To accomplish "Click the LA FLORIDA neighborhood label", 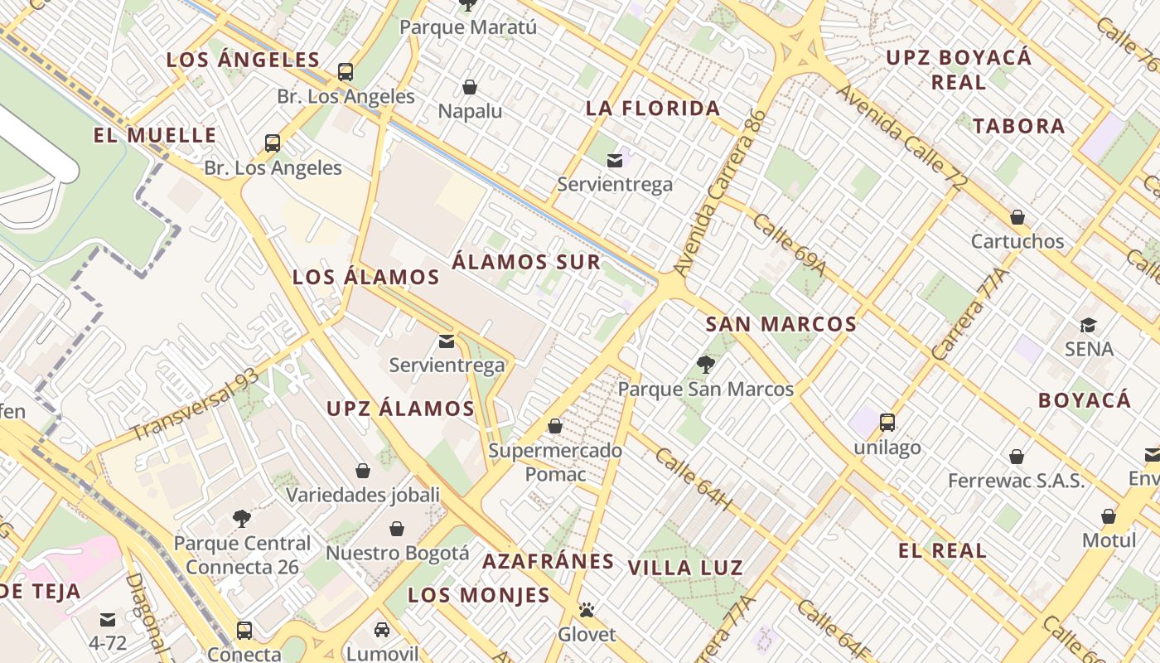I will (x=653, y=108).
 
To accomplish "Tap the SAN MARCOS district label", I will (x=781, y=324).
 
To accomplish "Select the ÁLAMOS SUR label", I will (x=526, y=262).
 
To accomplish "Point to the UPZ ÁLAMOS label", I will (x=400, y=409).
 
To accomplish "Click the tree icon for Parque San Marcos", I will (x=706, y=364).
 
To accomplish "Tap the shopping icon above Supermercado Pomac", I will (x=555, y=426).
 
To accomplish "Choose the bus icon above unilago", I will (x=887, y=423).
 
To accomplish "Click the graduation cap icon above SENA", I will (x=1088, y=325).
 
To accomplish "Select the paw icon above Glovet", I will (x=587, y=611).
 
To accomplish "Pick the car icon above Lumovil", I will (x=381, y=629).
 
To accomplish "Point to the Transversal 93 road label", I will (x=195, y=404).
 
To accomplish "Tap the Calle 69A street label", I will (x=790, y=245).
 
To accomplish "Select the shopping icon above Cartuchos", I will (x=1017, y=217).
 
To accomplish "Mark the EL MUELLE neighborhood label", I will (x=155, y=135).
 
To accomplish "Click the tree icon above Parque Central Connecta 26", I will (x=242, y=519).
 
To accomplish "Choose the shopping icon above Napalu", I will (x=470, y=87).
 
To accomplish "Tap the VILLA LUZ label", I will (x=685, y=568).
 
